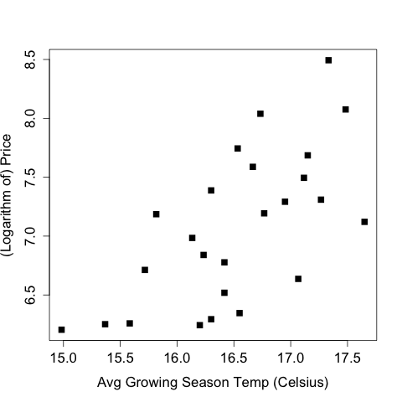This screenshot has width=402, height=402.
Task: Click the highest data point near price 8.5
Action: [328, 60]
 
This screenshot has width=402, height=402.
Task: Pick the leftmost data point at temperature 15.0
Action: [62, 330]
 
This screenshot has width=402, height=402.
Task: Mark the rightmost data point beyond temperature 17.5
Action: [364, 222]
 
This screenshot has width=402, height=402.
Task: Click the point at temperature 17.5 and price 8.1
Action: [345, 110]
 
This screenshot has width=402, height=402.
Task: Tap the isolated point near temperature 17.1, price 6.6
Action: [298, 279]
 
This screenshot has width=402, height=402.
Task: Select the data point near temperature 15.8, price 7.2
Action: [156, 214]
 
